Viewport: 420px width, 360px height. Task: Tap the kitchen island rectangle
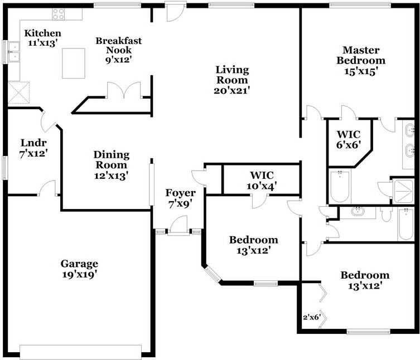[x=74, y=63]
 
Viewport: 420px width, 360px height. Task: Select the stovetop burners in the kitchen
[x=59, y=14]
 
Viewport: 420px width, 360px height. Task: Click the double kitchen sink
[x=14, y=52]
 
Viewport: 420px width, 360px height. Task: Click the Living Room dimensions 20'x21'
[x=232, y=90]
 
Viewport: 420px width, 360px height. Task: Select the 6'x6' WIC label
[x=349, y=139]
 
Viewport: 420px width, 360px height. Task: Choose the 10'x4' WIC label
[x=262, y=181]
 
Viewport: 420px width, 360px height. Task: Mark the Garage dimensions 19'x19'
[x=79, y=275]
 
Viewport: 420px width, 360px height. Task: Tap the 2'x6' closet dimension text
[x=312, y=318]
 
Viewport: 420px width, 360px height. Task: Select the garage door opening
[x=81, y=352]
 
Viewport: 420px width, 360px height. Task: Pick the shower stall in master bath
[x=403, y=191]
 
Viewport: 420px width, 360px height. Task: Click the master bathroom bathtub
[x=340, y=187]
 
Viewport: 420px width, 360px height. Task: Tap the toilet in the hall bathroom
[x=386, y=214]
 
